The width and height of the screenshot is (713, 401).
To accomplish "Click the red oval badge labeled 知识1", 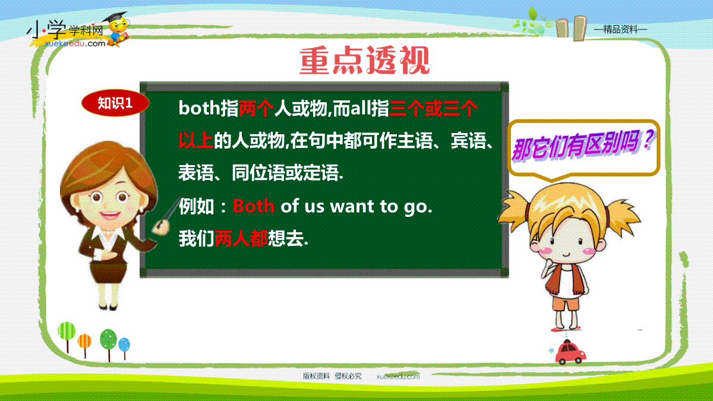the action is (115, 103).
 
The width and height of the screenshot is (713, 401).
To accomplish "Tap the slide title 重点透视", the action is (365, 60).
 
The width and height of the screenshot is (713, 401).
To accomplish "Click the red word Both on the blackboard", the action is (254, 206).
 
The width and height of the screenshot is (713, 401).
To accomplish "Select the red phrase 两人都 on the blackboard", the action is (241, 238).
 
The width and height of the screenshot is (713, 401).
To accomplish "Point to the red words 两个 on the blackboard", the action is (256, 108).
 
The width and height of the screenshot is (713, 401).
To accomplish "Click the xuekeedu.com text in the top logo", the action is (75, 43).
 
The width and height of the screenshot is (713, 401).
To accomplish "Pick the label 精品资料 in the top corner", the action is (621, 30).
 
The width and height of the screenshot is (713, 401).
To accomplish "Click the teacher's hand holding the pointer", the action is (162, 226).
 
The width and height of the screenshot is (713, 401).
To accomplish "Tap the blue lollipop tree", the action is (124, 348).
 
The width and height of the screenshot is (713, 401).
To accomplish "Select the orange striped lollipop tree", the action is (84, 345).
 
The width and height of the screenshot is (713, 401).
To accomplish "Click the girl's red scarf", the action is (565, 279).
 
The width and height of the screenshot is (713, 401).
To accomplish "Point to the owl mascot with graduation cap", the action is (118, 29).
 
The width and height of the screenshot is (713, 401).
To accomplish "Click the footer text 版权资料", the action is (316, 376).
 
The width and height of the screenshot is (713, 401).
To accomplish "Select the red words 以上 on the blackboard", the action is (195, 140).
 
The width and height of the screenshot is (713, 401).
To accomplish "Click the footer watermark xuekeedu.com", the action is (398, 377).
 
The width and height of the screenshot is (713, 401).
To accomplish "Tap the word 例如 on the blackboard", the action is (197, 206).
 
